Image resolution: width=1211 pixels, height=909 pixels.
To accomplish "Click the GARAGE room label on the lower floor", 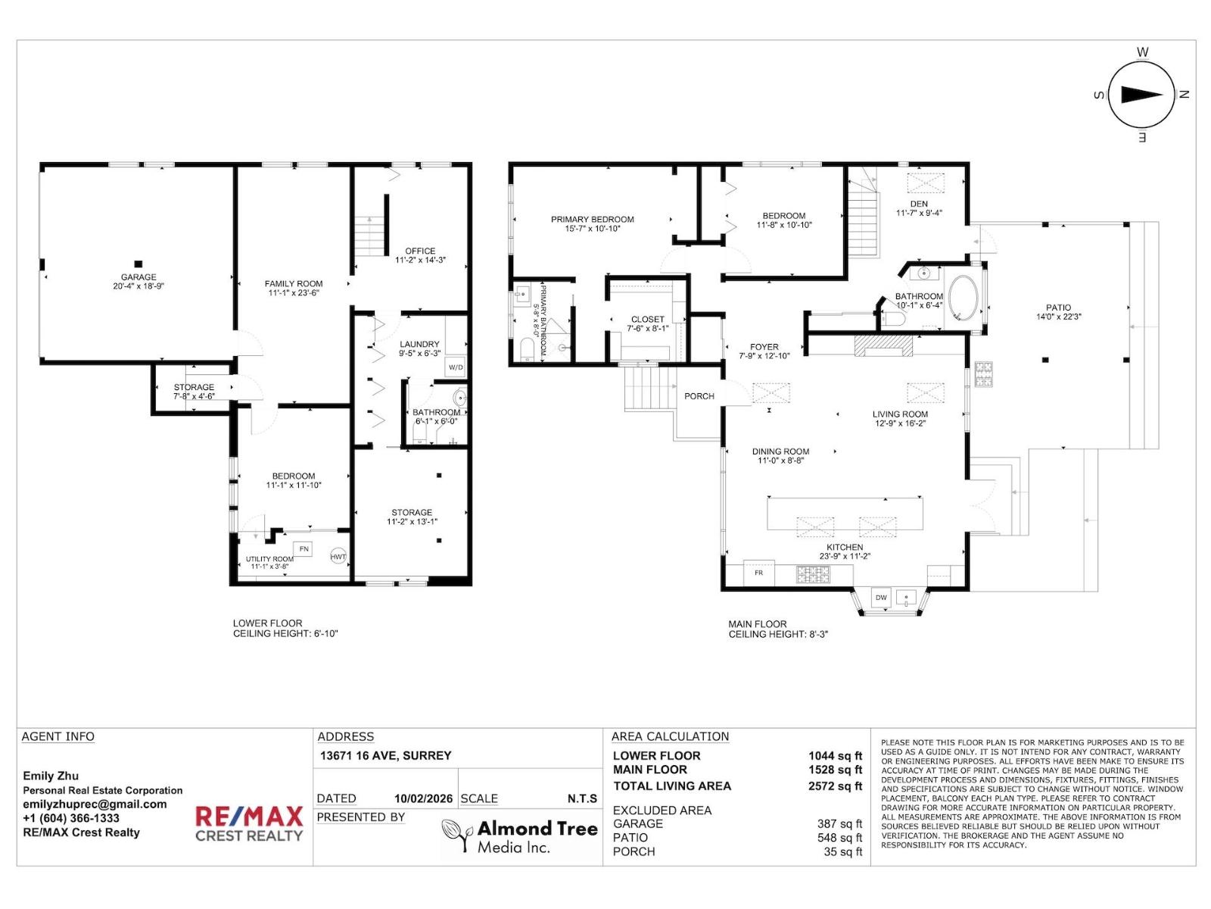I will point(139,277).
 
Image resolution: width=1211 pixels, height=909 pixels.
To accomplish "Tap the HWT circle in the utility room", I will point(338,557).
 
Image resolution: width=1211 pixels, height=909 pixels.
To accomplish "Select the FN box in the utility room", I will point(304,548).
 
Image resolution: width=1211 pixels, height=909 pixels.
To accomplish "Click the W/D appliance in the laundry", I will point(456,367).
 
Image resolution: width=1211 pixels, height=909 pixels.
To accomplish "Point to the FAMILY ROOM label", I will point(294,283).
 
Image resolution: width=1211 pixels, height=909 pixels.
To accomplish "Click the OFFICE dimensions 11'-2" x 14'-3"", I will point(420,260).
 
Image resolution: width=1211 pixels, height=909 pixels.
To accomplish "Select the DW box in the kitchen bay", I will point(881,598).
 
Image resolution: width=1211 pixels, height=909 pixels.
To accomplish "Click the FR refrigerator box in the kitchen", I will point(758,573).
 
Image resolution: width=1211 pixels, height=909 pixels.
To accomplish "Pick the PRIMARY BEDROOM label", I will point(592,220).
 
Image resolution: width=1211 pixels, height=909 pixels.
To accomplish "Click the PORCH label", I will point(699,396).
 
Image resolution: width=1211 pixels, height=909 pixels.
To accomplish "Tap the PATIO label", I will point(1058,308).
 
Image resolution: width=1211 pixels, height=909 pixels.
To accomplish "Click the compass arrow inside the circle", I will point(1141,95).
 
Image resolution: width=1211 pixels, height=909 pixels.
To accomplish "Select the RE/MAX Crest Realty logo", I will point(249,824).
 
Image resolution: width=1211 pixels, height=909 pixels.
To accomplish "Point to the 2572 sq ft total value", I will point(835,786).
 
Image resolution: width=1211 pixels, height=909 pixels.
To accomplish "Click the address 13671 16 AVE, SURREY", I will point(385,756).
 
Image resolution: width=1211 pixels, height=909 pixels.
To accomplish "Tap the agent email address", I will point(95,804).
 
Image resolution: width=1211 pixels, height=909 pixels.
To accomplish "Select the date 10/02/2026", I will point(423,798).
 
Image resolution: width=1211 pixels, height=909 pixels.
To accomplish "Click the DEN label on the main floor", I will point(919,204).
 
